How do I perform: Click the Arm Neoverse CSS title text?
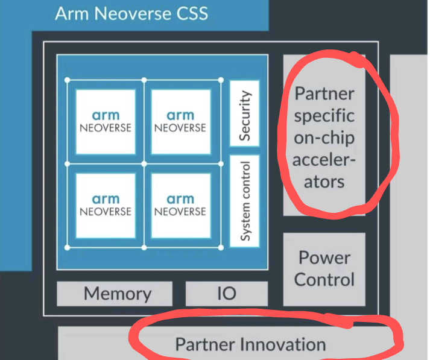click(131, 13)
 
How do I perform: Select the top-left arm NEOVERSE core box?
click(106, 121)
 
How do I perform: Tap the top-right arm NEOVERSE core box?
click(180, 121)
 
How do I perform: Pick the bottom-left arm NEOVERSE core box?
click(106, 205)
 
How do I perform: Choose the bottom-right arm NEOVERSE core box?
click(180, 205)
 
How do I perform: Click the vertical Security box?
click(245, 116)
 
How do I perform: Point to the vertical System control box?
click(245, 201)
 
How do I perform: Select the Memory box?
click(118, 294)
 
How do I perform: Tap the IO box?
click(226, 294)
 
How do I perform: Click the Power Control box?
click(324, 268)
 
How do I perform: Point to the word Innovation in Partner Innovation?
click(283, 344)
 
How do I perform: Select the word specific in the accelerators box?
click(324, 116)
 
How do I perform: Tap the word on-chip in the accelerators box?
click(324, 137)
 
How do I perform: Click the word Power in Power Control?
click(324, 257)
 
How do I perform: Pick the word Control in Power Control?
click(324, 280)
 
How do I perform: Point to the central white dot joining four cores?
click(144, 163)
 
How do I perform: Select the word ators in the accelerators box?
click(324, 181)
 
